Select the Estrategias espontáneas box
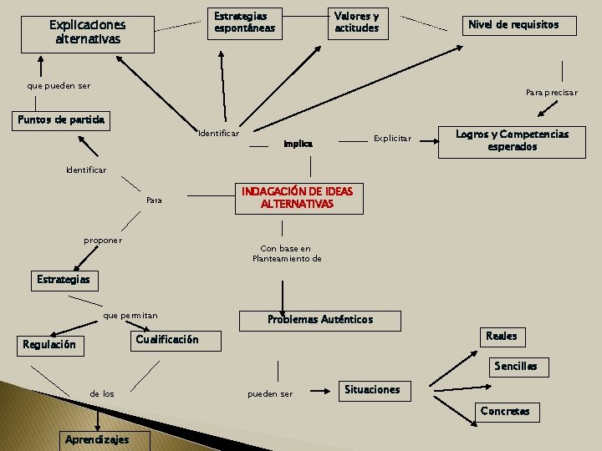click(244, 23)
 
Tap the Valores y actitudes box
click(357, 23)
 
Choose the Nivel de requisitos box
click(513, 25)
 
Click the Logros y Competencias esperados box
click(512, 140)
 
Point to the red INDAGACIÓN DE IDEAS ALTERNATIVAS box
click(298, 198)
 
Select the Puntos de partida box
click(62, 120)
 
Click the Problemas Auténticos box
click(320, 320)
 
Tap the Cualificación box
click(167, 340)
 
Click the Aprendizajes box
click(97, 440)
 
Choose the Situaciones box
click(372, 389)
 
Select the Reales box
click(501, 336)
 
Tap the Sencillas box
click(516, 366)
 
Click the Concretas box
click(505, 411)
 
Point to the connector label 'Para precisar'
click(551, 93)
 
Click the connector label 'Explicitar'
click(392, 138)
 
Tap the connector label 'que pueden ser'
click(59, 86)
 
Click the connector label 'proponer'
click(103, 241)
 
